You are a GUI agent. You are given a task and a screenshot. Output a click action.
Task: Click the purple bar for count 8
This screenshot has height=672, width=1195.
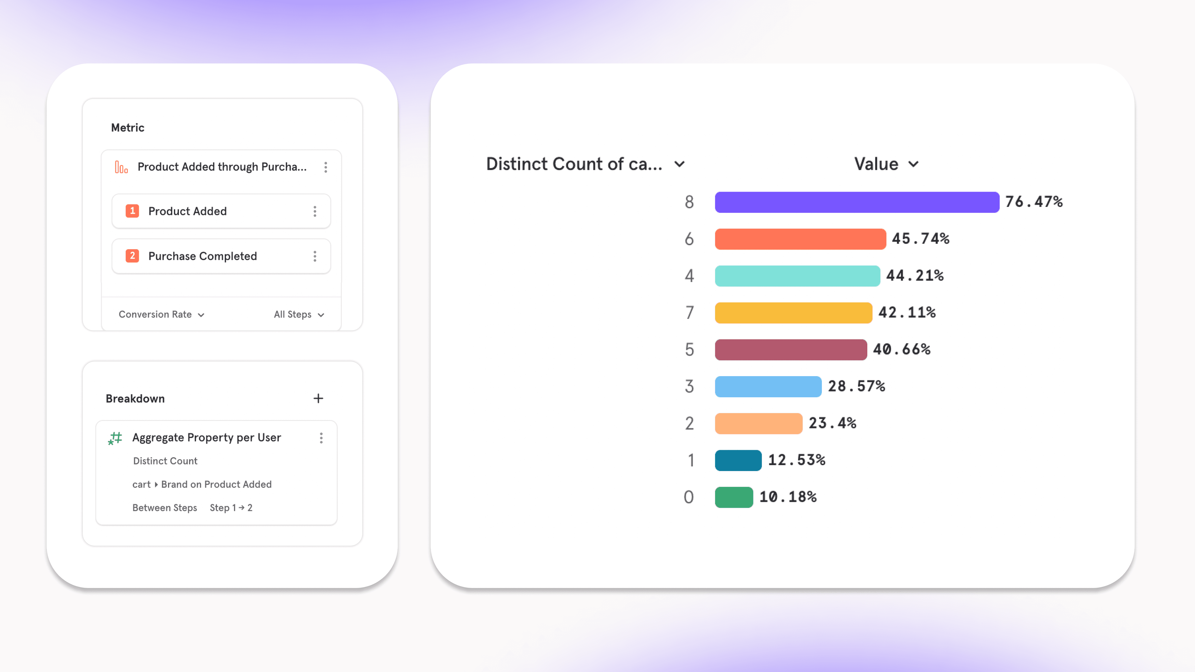(x=856, y=202)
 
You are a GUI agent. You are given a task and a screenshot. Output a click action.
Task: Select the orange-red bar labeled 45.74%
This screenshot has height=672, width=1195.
(x=800, y=239)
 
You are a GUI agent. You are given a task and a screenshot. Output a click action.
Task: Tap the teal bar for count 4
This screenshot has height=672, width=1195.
(x=797, y=276)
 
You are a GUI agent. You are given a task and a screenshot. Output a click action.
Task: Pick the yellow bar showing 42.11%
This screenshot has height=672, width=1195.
(x=793, y=313)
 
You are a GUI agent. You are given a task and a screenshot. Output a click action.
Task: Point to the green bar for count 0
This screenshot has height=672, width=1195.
(x=733, y=497)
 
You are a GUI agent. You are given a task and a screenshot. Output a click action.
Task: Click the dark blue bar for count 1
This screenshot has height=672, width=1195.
(x=738, y=460)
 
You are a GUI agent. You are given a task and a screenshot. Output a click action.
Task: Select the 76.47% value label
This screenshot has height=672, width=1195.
(x=1033, y=202)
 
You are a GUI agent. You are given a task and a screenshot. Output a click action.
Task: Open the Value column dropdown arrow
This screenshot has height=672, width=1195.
(x=913, y=164)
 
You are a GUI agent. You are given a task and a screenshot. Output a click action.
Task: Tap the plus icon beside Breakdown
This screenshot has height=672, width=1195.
(x=318, y=398)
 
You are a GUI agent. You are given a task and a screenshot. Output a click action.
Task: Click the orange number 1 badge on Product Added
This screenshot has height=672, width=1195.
(x=132, y=211)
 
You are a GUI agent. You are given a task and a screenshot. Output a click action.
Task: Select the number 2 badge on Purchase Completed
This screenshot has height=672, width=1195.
(x=132, y=256)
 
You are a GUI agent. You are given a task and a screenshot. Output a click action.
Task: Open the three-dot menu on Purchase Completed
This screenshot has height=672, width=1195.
(x=315, y=256)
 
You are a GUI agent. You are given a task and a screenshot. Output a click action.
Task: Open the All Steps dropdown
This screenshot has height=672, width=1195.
(x=299, y=315)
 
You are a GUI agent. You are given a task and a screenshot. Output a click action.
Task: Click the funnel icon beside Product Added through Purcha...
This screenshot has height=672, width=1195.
(x=121, y=167)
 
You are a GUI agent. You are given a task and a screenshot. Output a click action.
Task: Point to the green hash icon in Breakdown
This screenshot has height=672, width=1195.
(x=115, y=438)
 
